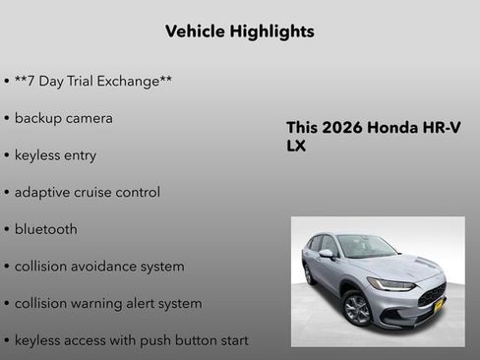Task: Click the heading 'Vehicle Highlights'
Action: tap(239, 31)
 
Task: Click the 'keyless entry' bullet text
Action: tap(55, 155)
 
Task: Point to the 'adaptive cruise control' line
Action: tap(87, 193)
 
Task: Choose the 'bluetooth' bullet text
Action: tap(45, 229)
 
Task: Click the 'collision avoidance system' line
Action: tap(98, 267)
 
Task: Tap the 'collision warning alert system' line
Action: tap(108, 304)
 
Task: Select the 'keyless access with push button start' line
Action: tap(131, 340)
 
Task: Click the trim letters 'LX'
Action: tap(296, 146)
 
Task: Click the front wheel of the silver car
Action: tap(357, 309)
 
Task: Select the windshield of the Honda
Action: tap(367, 247)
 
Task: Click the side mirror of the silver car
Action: tap(326, 254)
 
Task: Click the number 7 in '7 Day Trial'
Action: tap(30, 81)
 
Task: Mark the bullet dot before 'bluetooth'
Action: tap(7, 230)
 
